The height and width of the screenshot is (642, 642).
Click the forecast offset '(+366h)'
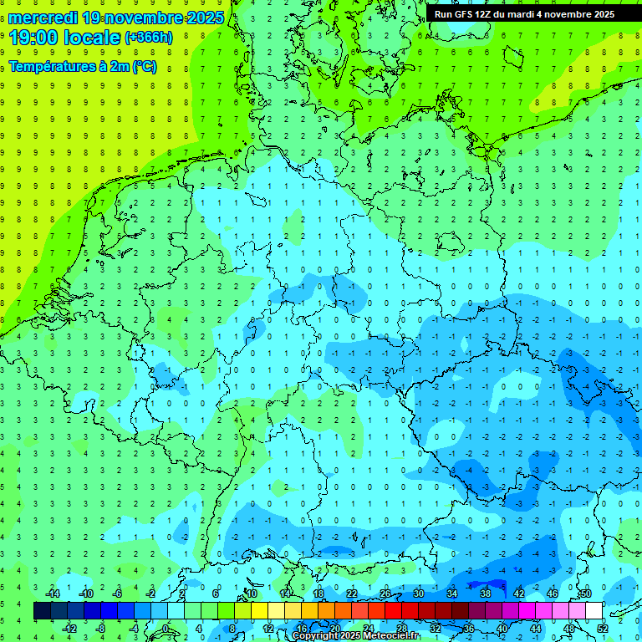coord(149,38)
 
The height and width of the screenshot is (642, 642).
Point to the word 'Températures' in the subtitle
coord(52,67)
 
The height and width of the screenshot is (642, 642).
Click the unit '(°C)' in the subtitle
coord(142,67)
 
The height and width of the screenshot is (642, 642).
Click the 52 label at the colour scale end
coord(603,629)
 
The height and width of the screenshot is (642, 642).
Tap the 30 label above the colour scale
coord(418,594)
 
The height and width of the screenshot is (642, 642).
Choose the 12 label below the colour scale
coord(268,629)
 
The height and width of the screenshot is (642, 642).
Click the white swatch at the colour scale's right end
coord(594,611)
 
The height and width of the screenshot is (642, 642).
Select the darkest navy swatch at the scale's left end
coord(42,611)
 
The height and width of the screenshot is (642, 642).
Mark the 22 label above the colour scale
coord(351,594)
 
